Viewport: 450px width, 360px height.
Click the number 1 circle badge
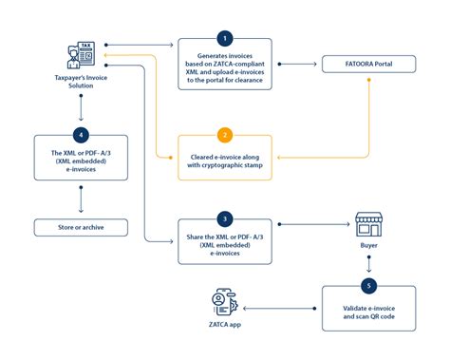[225, 38]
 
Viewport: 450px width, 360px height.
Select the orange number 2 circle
[225, 134]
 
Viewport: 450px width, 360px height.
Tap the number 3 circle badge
[225, 218]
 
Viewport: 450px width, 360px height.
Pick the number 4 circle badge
[81, 134]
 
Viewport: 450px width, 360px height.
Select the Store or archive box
[81, 227]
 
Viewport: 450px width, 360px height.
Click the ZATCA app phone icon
[223, 305]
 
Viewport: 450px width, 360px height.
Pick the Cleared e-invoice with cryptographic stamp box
[225, 158]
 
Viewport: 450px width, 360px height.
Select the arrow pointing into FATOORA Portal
[308, 66]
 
